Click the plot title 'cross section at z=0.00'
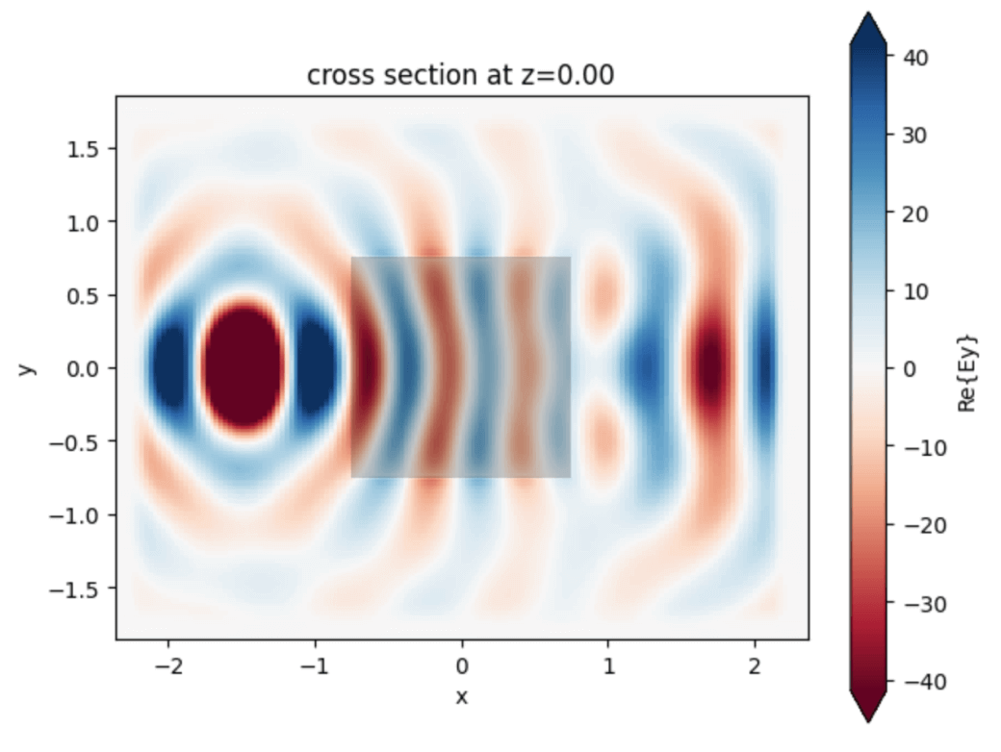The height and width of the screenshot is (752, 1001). [460, 76]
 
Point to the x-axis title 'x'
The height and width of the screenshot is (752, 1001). [462, 695]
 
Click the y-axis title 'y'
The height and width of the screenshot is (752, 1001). [30, 367]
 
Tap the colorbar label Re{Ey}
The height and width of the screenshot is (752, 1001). [971, 367]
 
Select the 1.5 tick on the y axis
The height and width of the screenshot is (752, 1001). [84, 148]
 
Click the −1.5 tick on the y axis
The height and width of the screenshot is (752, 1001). [79, 588]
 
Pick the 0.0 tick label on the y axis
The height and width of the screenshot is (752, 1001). [84, 368]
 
